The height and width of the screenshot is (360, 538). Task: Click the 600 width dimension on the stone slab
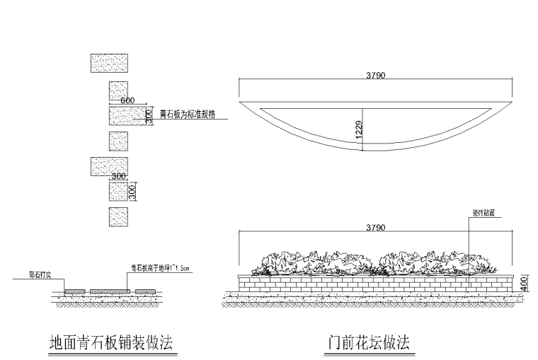(x=127, y=101)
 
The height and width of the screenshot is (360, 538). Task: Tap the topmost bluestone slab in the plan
(x=109, y=64)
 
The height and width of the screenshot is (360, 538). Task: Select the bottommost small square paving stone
(x=118, y=216)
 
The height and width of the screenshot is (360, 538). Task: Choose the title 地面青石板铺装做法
(x=110, y=343)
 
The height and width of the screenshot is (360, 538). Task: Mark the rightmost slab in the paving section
(x=145, y=291)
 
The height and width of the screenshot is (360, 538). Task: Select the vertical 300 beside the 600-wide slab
(x=149, y=115)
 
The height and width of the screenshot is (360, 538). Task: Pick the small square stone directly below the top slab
(x=118, y=91)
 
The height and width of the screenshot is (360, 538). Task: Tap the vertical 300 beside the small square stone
(x=132, y=191)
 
